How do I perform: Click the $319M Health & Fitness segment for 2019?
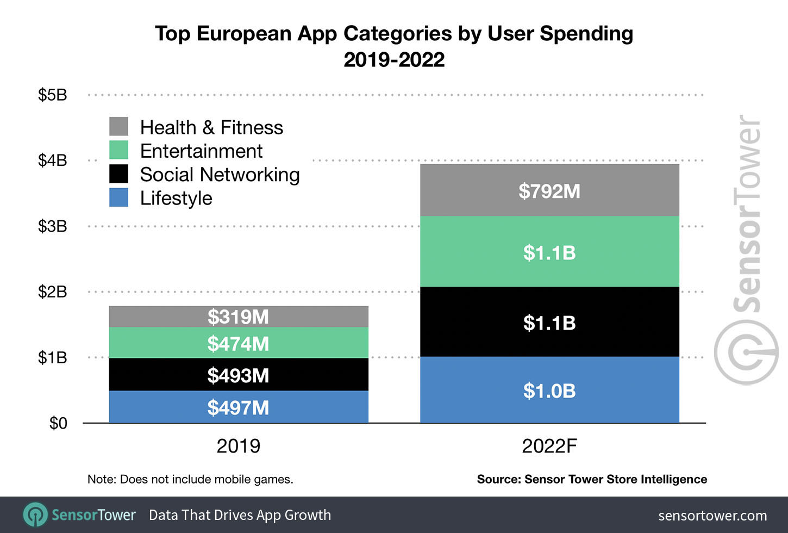(238, 317)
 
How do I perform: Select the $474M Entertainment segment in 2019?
(238, 343)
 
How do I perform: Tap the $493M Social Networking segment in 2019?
(238, 375)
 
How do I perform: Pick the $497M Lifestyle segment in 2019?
(238, 407)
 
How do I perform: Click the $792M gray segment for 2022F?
(549, 191)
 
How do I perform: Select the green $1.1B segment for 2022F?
(549, 252)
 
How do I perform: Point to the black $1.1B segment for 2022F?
(549, 323)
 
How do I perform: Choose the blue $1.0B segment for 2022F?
(549, 391)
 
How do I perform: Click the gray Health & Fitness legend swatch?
(118, 127)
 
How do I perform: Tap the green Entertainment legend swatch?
(118, 150)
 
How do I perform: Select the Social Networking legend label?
(220, 175)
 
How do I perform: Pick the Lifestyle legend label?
(176, 198)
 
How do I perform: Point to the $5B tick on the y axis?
(53, 95)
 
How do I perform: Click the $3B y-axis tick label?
(53, 226)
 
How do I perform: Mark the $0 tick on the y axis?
(58, 423)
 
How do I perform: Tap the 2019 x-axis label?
(238, 447)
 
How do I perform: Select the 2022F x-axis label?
(549, 447)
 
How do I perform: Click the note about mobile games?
(190, 479)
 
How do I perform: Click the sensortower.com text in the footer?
(712, 516)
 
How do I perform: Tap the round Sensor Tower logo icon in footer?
(35, 515)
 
